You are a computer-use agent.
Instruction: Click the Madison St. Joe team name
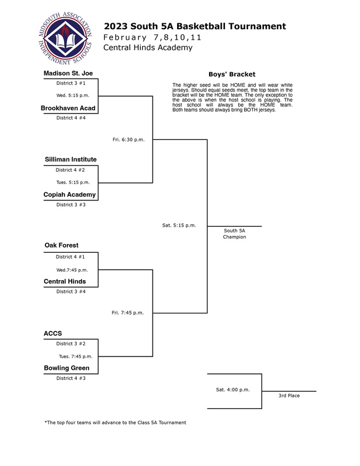68,73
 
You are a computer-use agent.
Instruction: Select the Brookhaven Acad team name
68,108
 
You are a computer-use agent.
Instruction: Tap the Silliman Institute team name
70,159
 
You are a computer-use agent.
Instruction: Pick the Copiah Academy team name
69,195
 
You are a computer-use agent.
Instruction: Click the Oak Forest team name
62,245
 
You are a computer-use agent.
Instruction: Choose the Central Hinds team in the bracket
65,281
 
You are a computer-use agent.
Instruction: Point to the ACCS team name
53,333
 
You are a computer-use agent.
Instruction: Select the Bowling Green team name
66,368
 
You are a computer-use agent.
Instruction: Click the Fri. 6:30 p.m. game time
128,140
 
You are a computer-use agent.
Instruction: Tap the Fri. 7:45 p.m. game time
128,313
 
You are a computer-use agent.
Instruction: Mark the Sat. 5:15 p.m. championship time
179,225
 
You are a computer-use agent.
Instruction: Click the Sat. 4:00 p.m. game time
233,390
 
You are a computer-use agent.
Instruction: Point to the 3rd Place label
289,396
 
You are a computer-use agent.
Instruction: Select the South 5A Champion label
235,234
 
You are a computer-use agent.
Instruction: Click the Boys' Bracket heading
232,75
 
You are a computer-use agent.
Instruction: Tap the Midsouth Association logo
65,38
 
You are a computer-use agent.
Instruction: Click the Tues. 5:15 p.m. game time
73,182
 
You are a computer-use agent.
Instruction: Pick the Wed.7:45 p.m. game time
72,270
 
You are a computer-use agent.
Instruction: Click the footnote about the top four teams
115,422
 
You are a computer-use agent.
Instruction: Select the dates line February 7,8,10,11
152,37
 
